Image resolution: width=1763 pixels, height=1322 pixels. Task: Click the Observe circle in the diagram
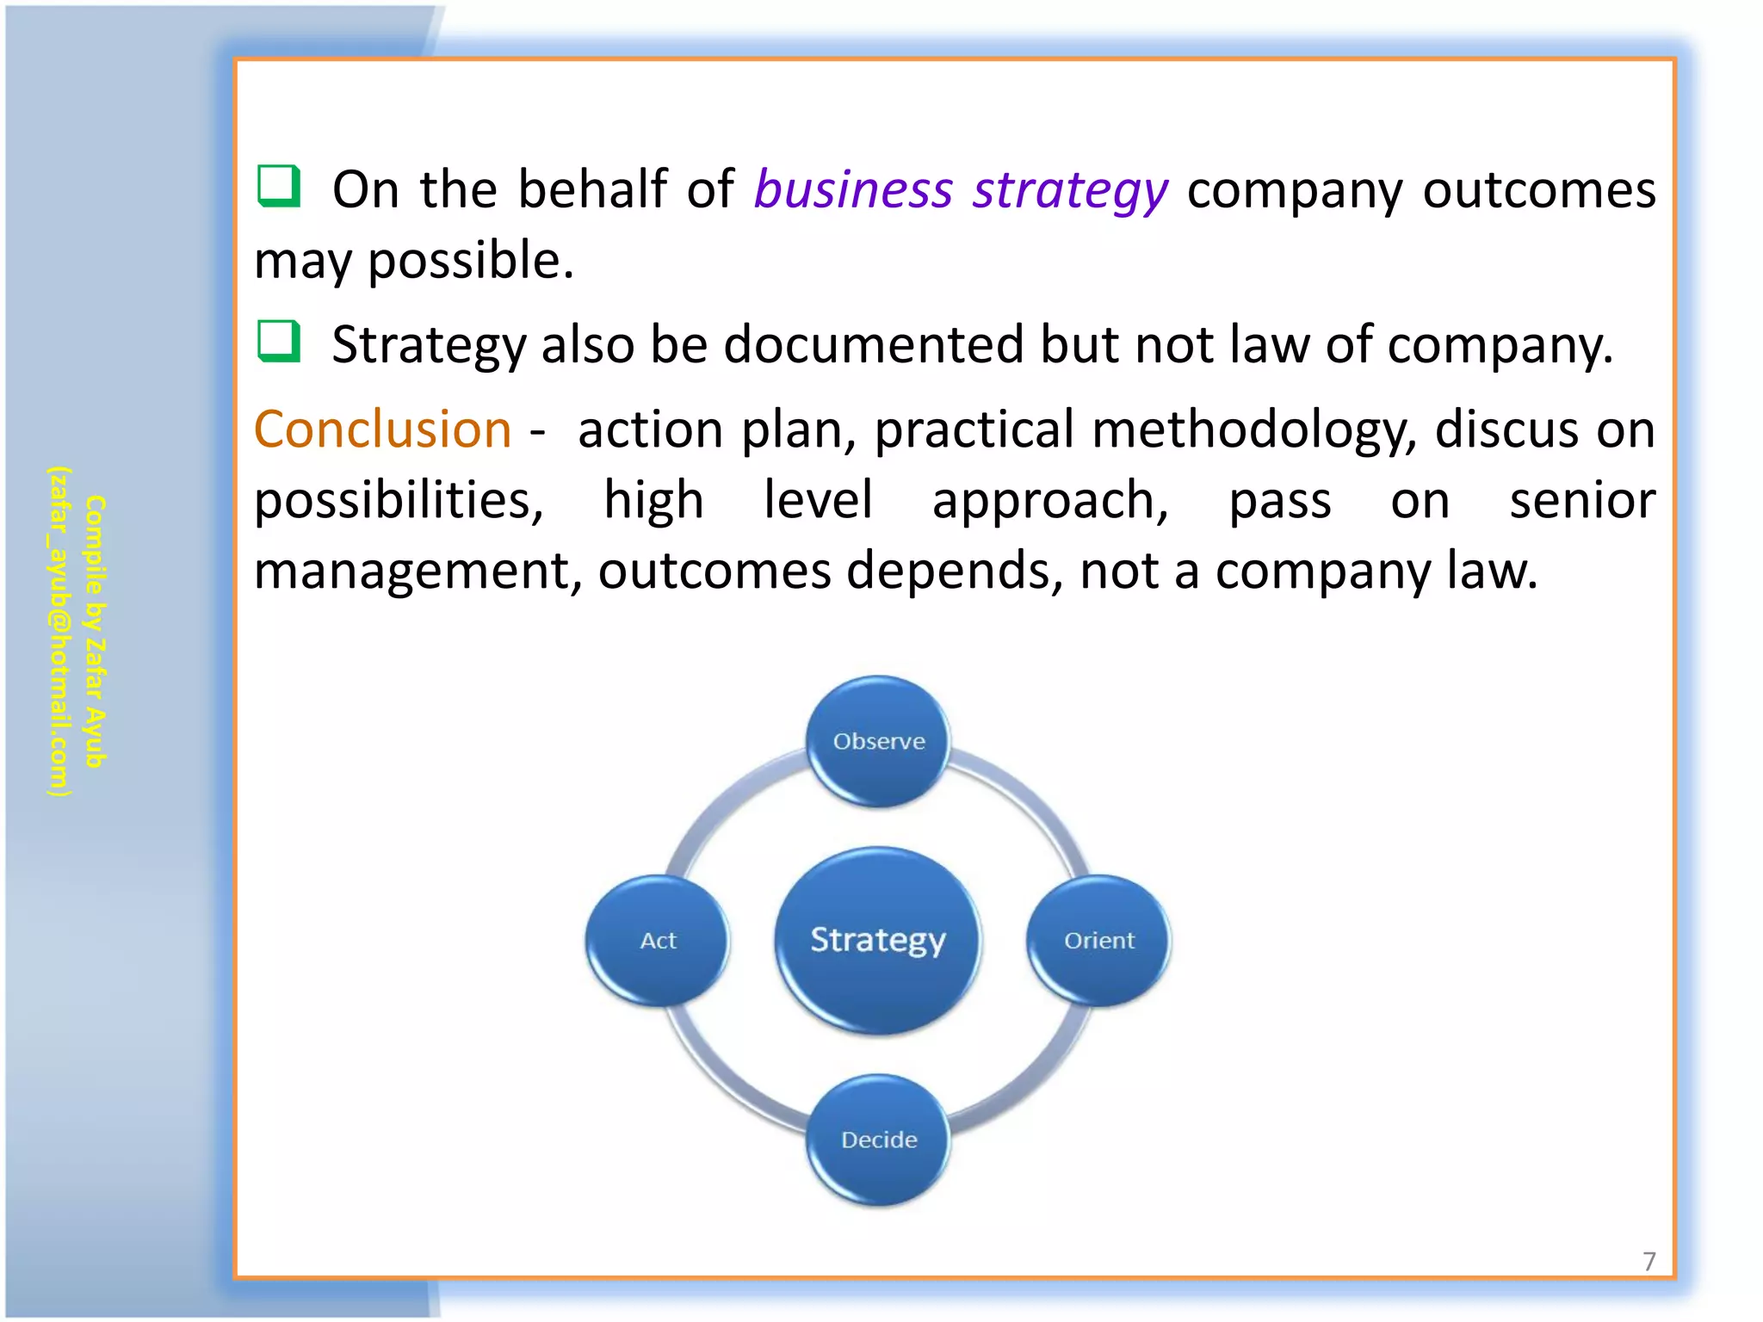point(878,741)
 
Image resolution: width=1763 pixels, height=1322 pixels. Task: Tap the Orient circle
point(1098,940)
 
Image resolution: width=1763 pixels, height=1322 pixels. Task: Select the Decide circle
point(878,1140)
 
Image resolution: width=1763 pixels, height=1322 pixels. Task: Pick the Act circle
point(658,940)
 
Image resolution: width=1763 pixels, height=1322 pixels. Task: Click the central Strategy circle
point(878,940)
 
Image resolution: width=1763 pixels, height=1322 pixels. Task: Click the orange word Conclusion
point(382,429)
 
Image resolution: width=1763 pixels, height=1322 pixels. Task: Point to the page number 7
point(1649,1262)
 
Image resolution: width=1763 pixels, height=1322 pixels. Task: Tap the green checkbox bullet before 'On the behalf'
point(279,186)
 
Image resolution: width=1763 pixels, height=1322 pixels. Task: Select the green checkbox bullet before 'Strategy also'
point(279,341)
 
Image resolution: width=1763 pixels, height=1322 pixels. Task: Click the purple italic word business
point(853,189)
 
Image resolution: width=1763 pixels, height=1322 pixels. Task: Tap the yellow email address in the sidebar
point(59,632)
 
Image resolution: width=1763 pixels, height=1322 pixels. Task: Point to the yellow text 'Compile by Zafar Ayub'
point(96,632)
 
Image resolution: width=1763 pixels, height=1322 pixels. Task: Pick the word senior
point(1582,500)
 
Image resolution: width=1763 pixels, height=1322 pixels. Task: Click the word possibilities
point(399,501)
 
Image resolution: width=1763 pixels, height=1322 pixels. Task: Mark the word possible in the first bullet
point(470,261)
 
